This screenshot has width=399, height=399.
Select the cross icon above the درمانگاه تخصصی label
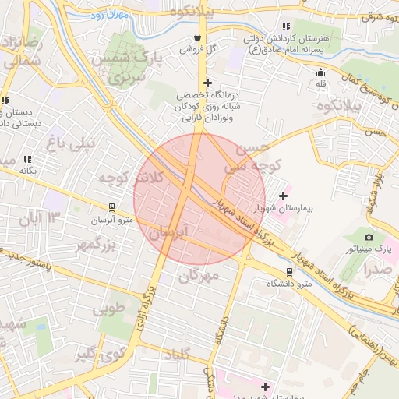click(207, 83)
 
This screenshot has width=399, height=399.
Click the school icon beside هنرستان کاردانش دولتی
click(287, 26)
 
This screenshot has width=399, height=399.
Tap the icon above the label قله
click(320, 72)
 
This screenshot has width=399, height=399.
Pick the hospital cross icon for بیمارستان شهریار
click(282, 196)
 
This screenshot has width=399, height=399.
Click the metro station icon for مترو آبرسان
click(112, 208)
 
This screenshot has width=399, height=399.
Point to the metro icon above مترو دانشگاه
click(290, 272)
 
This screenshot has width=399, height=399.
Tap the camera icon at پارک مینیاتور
click(369, 237)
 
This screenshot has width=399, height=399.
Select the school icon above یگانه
click(28, 159)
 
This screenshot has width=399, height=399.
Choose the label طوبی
click(108, 309)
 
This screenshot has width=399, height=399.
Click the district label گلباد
click(175, 355)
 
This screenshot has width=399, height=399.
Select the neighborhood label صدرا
click(377, 269)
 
